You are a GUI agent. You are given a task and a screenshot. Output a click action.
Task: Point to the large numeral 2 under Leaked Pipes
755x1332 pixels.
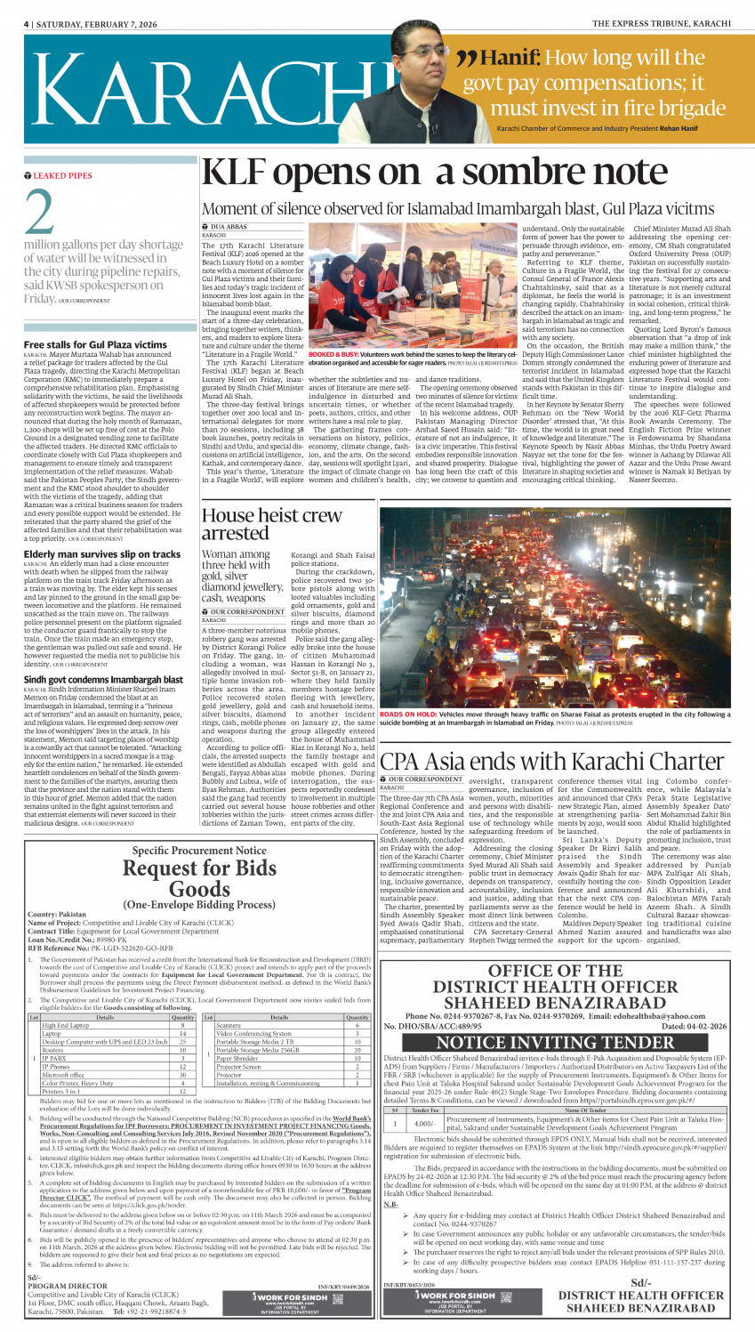tap(40, 214)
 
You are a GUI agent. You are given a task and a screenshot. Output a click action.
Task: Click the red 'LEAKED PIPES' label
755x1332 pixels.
tap(62, 176)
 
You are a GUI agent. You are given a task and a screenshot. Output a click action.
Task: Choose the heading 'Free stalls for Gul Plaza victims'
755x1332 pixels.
tap(95, 344)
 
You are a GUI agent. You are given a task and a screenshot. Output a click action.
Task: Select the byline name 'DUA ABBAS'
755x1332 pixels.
tap(226, 228)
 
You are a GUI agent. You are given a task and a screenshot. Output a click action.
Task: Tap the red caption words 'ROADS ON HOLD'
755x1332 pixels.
tap(409, 714)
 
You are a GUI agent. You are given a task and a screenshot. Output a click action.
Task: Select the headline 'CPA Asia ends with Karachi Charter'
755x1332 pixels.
tap(551, 762)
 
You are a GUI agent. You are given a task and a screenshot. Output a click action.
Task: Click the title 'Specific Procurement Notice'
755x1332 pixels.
tap(198, 851)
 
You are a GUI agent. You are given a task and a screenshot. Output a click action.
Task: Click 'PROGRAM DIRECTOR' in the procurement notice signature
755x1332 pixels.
tap(68, 1286)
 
